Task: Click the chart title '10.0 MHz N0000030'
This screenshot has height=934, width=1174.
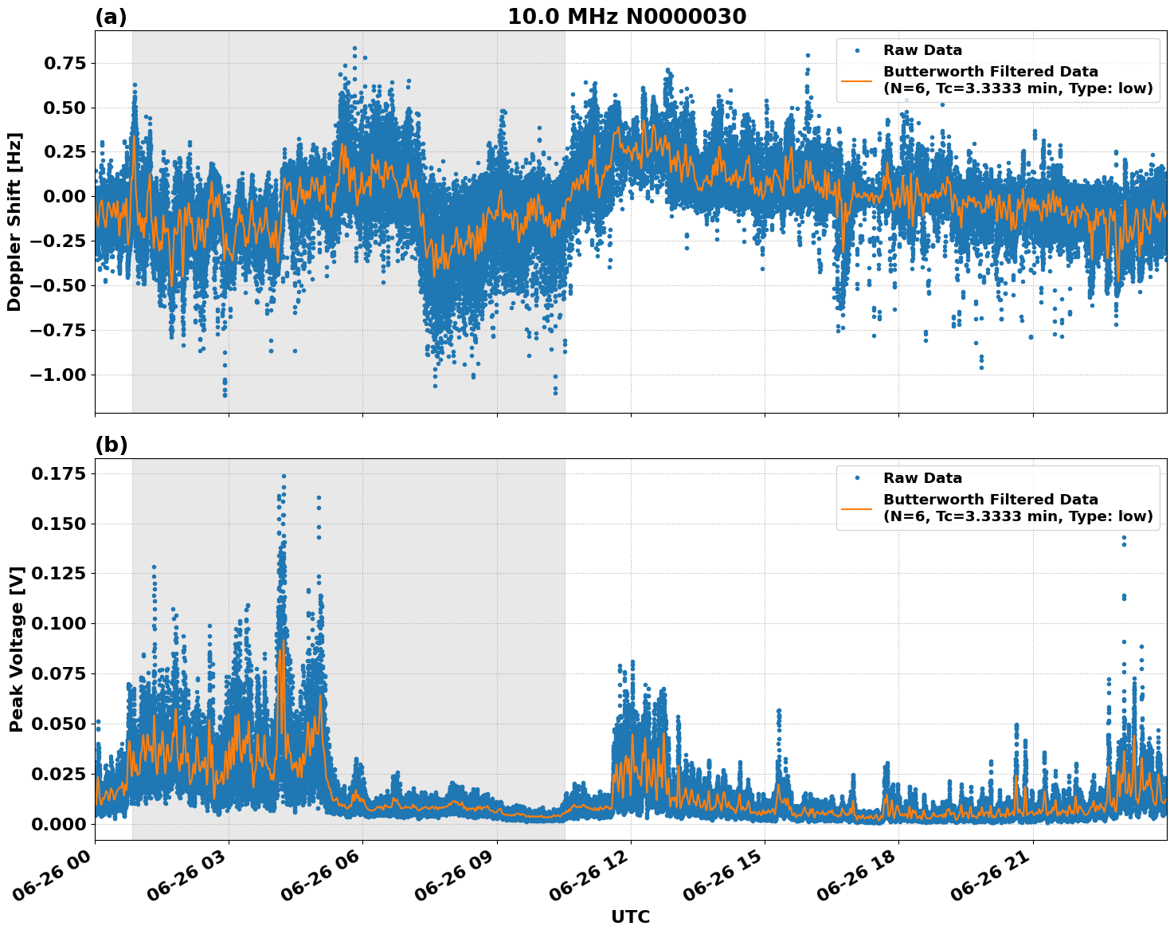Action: coord(627,17)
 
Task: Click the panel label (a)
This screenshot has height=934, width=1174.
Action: coord(111,17)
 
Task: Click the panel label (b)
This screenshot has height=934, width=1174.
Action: coord(111,445)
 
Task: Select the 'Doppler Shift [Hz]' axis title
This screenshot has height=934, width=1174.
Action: coord(14,222)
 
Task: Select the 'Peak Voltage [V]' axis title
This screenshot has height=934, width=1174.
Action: coord(16,649)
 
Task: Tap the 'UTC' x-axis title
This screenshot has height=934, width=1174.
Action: coord(630,916)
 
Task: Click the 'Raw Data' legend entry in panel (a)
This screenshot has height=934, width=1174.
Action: coord(922,50)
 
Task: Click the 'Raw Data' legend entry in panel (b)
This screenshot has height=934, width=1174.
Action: coord(922,478)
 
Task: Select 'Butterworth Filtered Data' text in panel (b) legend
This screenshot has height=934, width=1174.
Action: coord(990,500)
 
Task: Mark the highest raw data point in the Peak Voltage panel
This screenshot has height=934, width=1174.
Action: coord(284,476)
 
